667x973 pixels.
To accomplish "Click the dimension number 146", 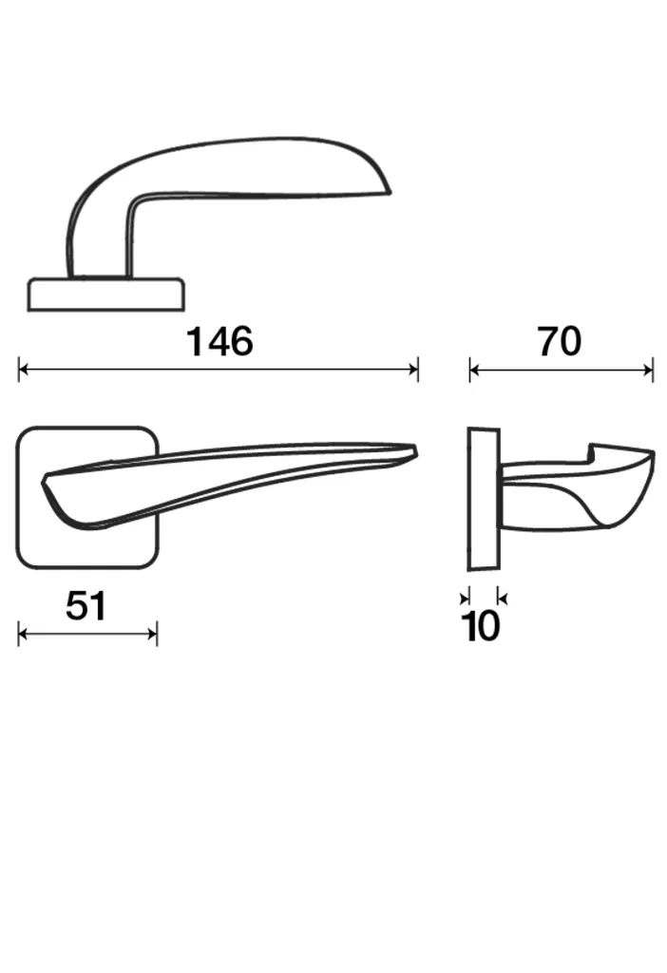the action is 219,341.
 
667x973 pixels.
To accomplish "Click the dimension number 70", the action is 560,341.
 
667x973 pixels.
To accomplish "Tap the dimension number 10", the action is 481,626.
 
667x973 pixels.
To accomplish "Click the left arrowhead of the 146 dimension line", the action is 23,370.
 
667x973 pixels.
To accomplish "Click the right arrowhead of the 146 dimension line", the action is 414,370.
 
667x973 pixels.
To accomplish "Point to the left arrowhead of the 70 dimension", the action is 475,372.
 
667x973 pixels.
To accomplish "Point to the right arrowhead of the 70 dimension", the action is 648,372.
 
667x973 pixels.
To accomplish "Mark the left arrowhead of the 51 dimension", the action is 23,634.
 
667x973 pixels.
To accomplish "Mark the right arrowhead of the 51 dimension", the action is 153,634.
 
